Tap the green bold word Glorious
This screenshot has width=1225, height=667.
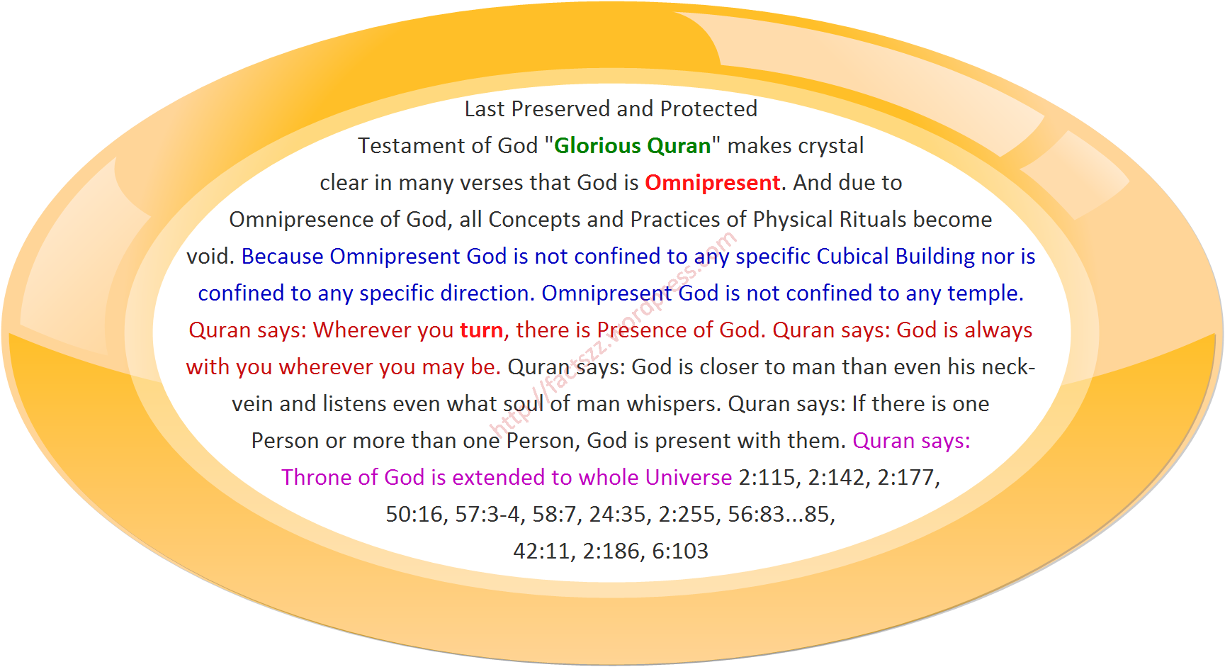click(597, 145)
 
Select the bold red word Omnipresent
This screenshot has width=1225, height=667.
click(712, 183)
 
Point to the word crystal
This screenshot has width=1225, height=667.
click(828, 146)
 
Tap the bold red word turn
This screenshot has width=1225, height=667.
click(482, 330)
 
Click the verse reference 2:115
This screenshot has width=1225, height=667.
click(769, 478)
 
